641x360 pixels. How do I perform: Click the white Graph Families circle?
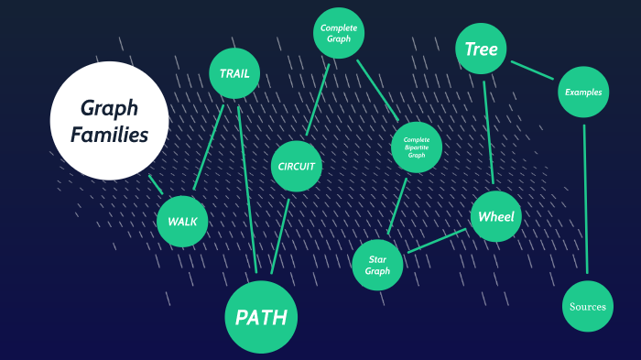tap(109, 120)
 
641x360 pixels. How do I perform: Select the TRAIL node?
tap(234, 73)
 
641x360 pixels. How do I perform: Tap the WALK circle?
tap(182, 221)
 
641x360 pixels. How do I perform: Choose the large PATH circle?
tap(261, 317)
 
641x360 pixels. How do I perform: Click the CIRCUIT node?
tap(296, 166)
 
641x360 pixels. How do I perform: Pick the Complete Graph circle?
tap(339, 34)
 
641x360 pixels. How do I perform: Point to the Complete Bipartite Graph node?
tap(417, 147)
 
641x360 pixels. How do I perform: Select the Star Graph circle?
tap(377, 265)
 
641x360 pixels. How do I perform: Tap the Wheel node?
tap(496, 217)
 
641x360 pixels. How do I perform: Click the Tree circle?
tap(481, 49)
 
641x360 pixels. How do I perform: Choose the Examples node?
tap(582, 93)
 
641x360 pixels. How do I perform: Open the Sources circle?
tap(587, 306)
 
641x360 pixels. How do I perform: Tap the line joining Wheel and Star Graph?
tap(437, 240)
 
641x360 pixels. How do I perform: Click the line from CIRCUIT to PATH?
tap(280, 233)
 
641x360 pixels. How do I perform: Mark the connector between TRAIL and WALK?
tap(210, 147)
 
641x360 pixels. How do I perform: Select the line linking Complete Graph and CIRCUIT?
tap(317, 101)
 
